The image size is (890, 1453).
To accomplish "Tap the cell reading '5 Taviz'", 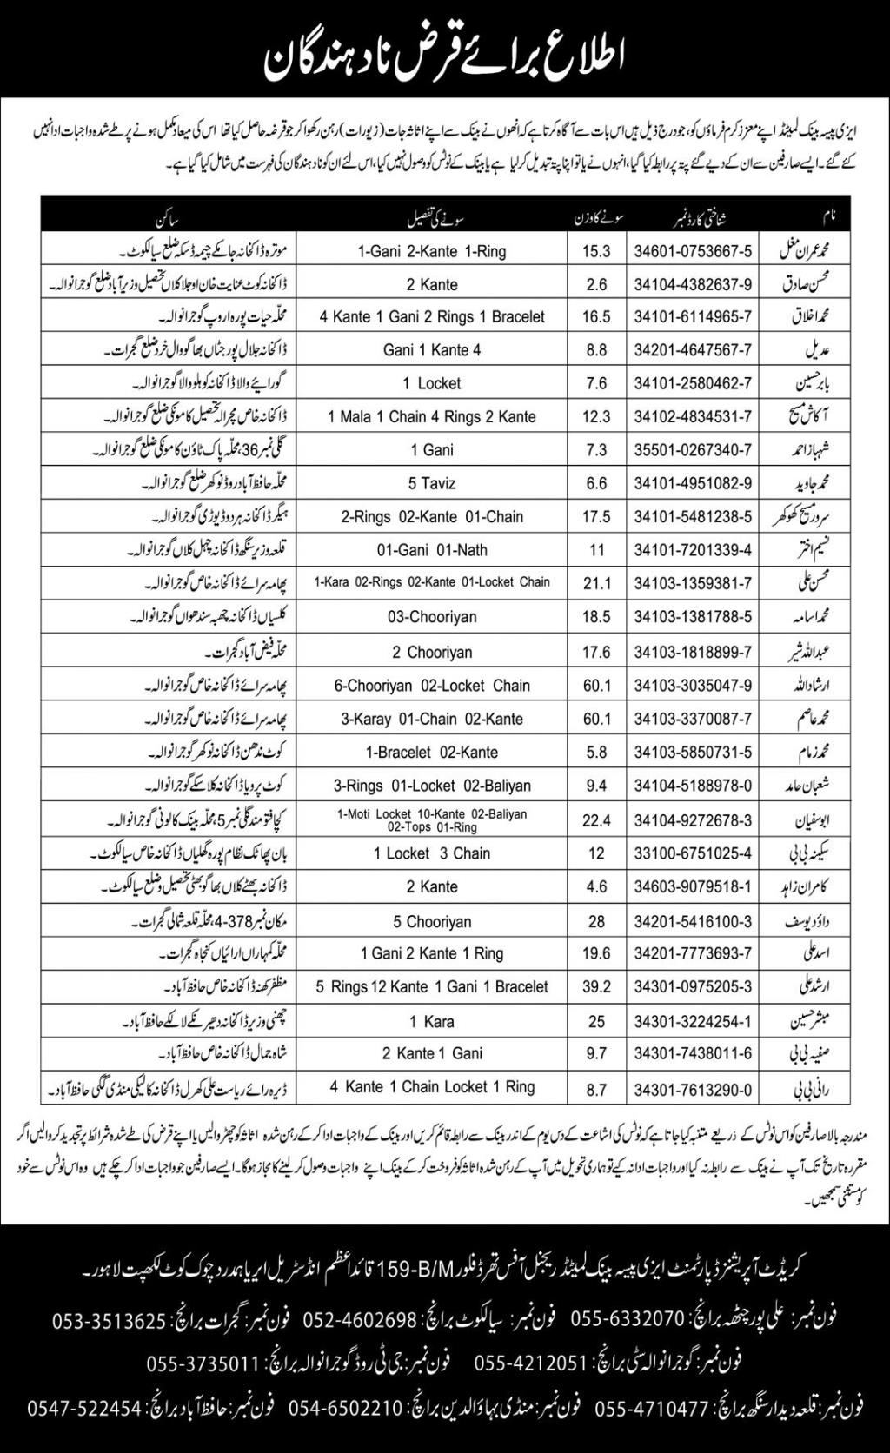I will pos(432,483).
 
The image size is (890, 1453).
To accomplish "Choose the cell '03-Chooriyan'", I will pos(432,617).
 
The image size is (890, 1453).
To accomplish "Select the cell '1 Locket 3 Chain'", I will pos(432,853).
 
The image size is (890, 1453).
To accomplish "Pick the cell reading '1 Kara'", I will pos(432,1021).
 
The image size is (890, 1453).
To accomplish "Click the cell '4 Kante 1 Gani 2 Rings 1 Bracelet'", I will pos(432,317).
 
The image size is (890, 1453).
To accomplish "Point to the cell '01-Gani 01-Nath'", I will pos(432,550).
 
